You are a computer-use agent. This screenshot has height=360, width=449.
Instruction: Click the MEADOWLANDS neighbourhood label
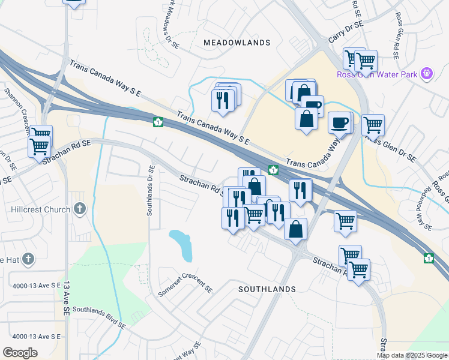click(237, 43)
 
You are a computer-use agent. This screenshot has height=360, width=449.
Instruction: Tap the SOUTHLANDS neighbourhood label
click(267, 289)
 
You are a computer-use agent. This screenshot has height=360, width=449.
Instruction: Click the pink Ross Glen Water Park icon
click(427, 74)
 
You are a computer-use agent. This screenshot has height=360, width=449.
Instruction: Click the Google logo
click(20, 353)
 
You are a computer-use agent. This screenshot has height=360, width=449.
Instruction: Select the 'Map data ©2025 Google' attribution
click(412, 355)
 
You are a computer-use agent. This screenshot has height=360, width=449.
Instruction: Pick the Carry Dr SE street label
click(346, 33)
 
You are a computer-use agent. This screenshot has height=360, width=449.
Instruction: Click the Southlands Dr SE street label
click(151, 191)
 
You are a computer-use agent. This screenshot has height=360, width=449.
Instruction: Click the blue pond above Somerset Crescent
click(182, 245)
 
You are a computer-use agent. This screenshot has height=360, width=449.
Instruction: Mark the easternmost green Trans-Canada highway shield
click(429, 258)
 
